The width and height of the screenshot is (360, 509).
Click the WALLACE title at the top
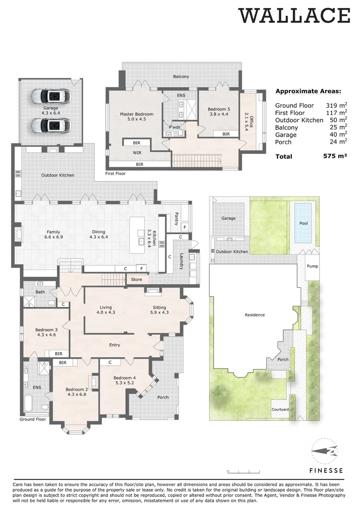[x=295, y=16]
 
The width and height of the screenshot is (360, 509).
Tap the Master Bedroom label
[x=136, y=114]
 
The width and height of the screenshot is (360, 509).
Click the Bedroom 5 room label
[x=218, y=109]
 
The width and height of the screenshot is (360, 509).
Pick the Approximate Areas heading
[x=308, y=91]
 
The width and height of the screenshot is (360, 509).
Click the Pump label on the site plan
[x=312, y=266]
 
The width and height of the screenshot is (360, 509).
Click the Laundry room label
[x=181, y=262]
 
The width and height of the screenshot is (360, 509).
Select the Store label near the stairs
[x=136, y=279]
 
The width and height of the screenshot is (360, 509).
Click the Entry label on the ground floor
[x=115, y=345]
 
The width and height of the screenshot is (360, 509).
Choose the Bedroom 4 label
[x=124, y=378]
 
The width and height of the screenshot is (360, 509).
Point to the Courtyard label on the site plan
[x=280, y=410]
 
